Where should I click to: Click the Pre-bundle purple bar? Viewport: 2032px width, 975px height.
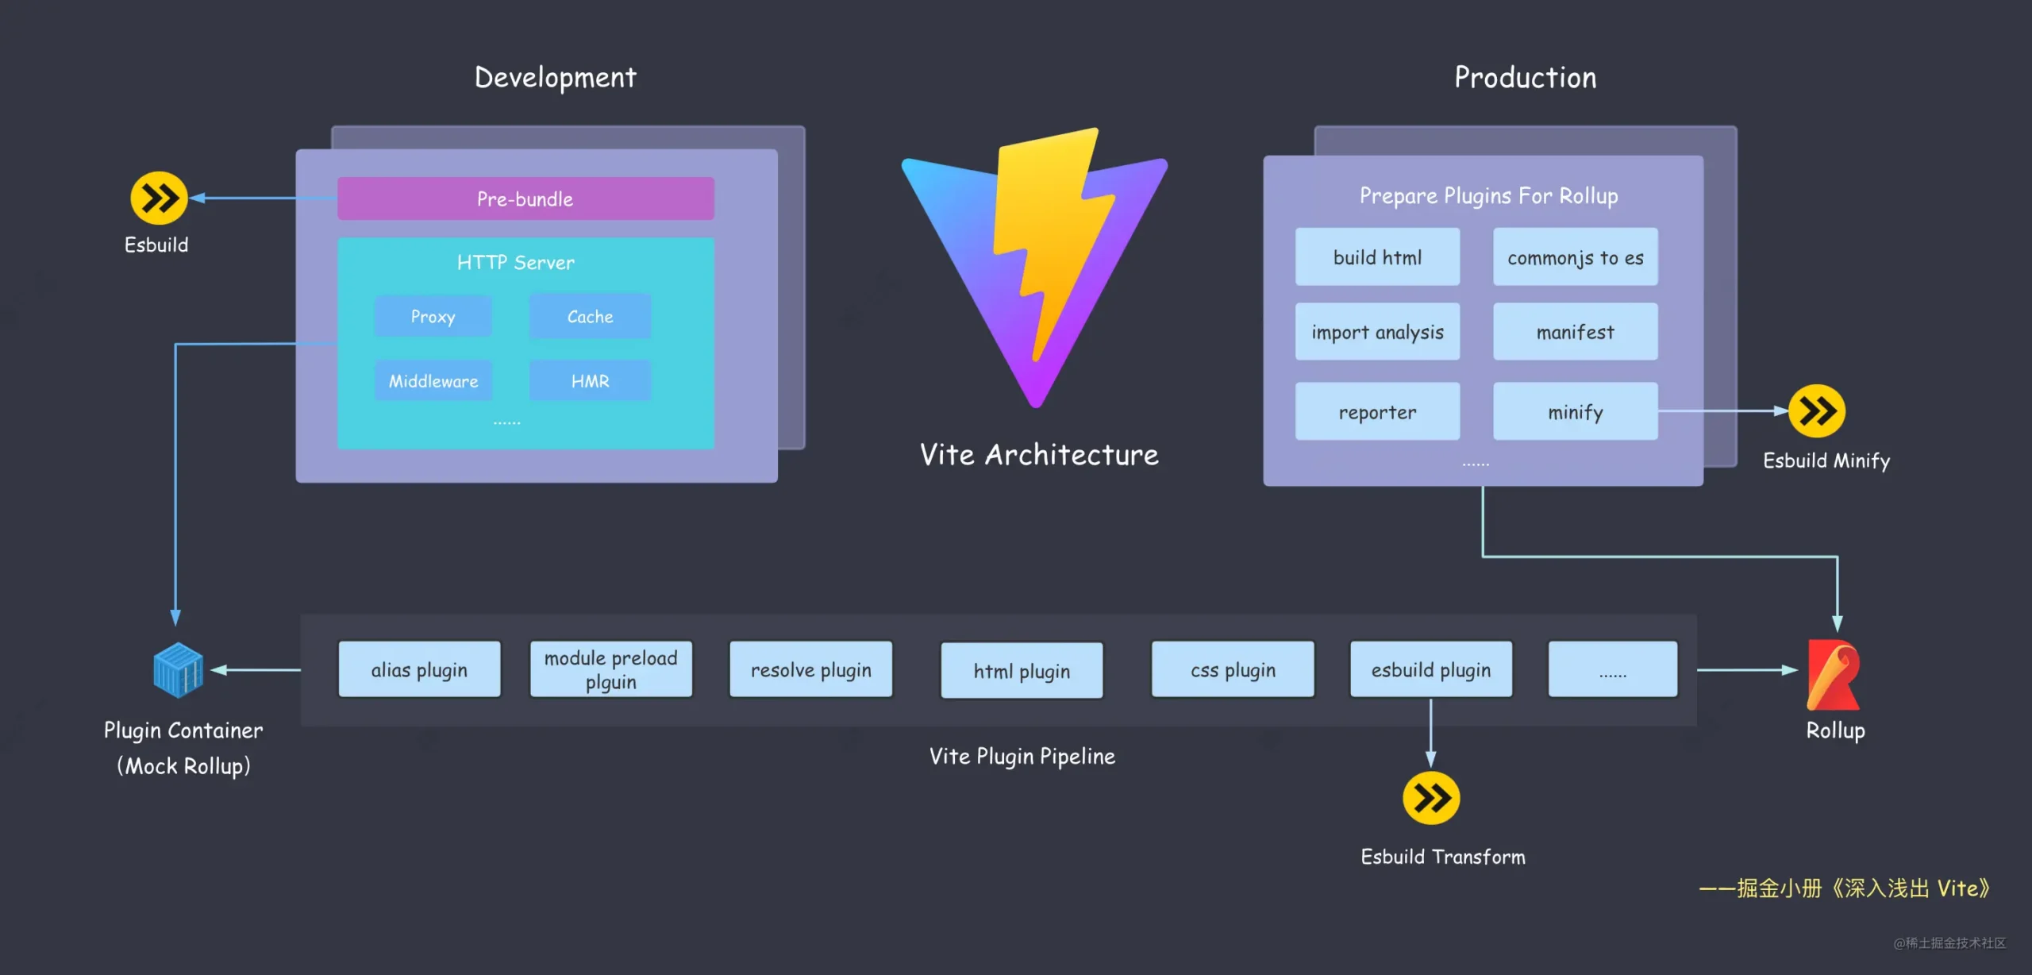525,198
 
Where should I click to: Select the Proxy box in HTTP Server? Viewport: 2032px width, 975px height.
433,316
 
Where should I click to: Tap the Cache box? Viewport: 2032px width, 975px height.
590,316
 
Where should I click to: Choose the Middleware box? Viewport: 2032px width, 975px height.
433,381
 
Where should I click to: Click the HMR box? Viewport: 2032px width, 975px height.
590,381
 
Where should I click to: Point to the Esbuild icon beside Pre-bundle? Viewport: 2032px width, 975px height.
159,198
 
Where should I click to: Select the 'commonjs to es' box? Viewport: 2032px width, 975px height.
1575,257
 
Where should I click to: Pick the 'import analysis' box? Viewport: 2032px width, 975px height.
1377,332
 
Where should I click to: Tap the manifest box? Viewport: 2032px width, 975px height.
1575,332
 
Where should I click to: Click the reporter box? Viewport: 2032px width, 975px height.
1377,411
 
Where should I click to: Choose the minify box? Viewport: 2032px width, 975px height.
1575,411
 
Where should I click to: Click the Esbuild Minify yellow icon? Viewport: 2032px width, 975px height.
1816,411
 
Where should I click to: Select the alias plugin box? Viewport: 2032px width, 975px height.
419,669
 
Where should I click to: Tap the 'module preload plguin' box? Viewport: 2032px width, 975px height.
610,669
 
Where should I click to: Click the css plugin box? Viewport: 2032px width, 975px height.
1233,669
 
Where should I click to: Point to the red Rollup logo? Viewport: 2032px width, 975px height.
1834,675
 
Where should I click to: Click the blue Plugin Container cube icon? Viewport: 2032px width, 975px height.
178,670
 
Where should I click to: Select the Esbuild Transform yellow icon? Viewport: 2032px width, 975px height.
1430,798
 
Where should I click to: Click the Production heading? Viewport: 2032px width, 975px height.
1525,77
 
